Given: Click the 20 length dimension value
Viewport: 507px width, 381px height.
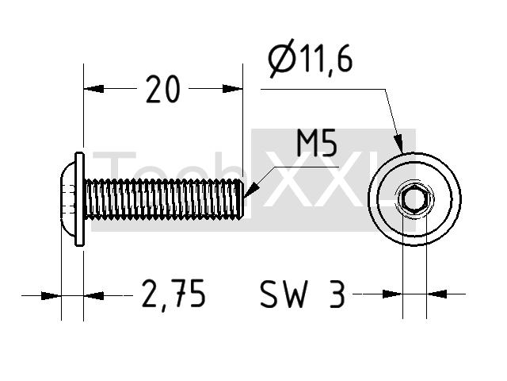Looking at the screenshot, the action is tap(162, 89).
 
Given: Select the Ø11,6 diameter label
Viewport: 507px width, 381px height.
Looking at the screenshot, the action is tap(311, 58).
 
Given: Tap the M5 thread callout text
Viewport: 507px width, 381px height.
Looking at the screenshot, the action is tap(317, 143).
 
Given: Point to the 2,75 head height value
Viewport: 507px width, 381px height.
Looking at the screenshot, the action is tap(173, 294).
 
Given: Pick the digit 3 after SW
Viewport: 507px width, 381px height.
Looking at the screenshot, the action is tap(337, 294).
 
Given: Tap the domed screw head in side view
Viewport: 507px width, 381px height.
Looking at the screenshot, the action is tap(68, 199).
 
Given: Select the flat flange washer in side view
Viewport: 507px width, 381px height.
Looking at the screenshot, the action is tap(79, 199).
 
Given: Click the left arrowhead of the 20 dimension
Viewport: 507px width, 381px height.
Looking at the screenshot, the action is tap(93, 88).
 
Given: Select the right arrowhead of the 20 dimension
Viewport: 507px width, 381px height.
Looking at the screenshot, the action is tap(232, 88).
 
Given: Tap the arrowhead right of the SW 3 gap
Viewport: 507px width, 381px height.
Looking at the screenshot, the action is tap(436, 294).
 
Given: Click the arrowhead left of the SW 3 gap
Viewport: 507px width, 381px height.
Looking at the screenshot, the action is tap(392, 294).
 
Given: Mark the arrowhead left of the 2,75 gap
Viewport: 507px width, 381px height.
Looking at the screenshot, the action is tap(51, 295).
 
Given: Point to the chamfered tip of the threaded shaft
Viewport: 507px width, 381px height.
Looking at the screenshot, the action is tap(240, 199).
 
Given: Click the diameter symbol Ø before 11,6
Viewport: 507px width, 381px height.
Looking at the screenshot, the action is tap(282, 58).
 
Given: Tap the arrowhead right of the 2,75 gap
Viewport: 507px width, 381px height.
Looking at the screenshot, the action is tap(93, 295).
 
